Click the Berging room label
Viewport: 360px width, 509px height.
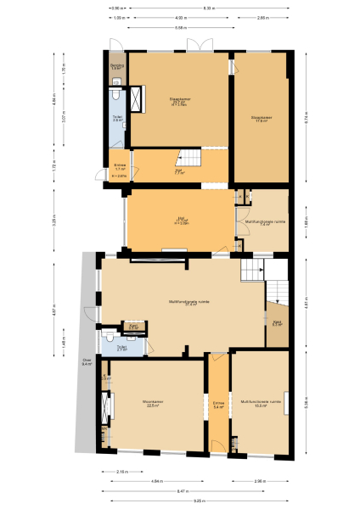[117, 66]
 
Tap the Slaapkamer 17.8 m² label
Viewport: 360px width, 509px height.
[262, 119]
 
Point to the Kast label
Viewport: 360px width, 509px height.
[277, 323]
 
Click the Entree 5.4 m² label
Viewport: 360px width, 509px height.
[218, 405]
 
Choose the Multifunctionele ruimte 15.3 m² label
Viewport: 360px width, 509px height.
[262, 403]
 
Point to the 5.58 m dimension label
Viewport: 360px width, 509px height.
[180, 27]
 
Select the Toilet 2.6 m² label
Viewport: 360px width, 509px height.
[118, 120]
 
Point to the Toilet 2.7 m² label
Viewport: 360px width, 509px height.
[122, 348]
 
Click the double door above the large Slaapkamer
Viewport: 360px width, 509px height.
[197, 43]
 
